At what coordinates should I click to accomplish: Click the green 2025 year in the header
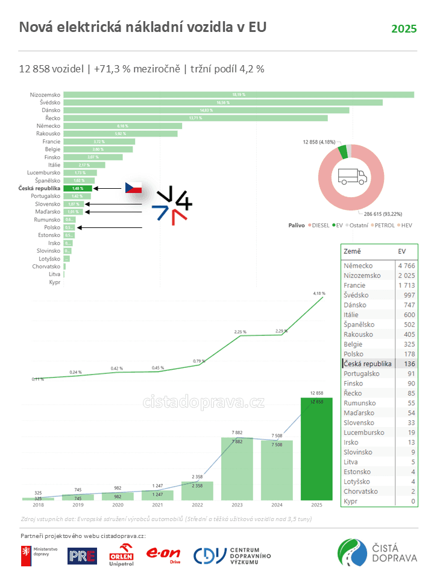coord(404,29)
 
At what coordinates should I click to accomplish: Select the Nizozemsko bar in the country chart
coord(238,95)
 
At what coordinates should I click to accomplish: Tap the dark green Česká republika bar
coord(78,188)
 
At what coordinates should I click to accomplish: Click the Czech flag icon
coord(133,188)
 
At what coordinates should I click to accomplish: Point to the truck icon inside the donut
coord(352,176)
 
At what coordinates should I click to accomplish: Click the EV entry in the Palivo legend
coord(337,225)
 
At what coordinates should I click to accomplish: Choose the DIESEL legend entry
coord(318,225)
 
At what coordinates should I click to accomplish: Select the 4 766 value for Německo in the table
coord(406,266)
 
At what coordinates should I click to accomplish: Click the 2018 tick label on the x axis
coord(38,505)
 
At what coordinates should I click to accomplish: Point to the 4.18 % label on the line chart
coord(319,293)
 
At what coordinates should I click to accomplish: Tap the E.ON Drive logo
coord(164,554)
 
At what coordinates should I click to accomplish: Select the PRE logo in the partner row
coord(82,555)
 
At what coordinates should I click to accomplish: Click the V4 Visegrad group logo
coord(172,206)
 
